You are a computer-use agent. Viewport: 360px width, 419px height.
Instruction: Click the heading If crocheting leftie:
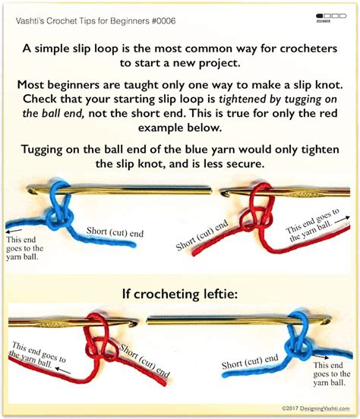click(180, 294)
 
